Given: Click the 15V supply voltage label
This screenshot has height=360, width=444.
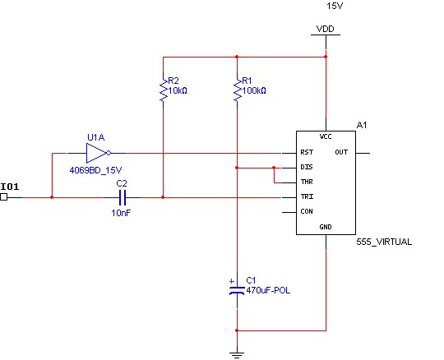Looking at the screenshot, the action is tap(335, 6).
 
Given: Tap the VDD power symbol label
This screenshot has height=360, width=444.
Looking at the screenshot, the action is tap(325, 29).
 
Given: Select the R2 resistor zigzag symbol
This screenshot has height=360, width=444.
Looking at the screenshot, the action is tap(164, 90).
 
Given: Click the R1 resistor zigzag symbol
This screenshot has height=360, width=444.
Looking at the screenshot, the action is tap(238, 90).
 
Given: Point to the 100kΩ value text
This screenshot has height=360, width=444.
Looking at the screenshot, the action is tap(254, 91).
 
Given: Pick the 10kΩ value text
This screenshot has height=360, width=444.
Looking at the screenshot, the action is tap(178, 91).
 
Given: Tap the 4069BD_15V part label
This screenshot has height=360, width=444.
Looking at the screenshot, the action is tap(95, 170).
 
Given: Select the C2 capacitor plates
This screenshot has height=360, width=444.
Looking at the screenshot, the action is tap(123, 197).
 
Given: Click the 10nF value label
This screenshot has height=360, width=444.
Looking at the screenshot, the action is tap(121, 213).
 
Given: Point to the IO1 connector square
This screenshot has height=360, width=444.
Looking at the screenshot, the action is tap(3, 197).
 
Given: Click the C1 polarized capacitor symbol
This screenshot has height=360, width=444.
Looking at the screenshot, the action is tap(237, 290).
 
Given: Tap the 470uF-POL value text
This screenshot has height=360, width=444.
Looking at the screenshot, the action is tap(268, 290).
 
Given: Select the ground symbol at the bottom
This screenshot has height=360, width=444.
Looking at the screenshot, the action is tap(237, 355).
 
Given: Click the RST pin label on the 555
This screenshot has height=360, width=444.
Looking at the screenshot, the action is tap(307, 152).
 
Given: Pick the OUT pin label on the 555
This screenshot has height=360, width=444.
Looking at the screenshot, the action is tap(341, 152).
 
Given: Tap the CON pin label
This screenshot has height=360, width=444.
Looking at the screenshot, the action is tap(307, 211).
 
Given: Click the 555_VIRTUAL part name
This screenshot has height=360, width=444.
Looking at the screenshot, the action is tap(384, 242).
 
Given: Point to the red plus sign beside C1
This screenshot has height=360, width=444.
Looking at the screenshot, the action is tap(232, 281).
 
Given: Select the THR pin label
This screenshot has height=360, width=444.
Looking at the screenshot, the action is tap(307, 182).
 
